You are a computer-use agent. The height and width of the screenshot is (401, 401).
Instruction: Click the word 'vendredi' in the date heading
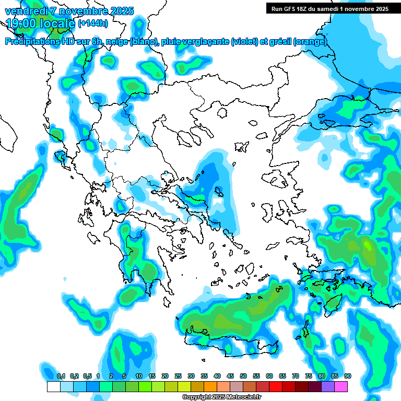[27, 11]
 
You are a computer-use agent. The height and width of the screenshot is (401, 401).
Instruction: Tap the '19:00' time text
[20, 23]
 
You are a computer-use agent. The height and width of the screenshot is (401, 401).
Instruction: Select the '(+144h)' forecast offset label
[92, 23]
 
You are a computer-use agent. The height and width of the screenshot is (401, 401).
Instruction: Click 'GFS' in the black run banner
[290, 9]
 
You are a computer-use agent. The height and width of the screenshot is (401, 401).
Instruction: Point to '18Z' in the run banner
[306, 9]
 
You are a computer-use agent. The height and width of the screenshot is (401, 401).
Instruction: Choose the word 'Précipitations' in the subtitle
[31, 42]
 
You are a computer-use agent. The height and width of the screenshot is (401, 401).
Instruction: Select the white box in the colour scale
[53, 387]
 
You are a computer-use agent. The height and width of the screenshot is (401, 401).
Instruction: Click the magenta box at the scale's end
[341, 387]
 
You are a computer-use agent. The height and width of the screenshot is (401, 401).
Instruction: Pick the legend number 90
[348, 376]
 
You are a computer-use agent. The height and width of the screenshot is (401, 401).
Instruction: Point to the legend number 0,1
[61, 376]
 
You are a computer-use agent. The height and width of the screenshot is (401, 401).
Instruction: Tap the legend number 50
[243, 376]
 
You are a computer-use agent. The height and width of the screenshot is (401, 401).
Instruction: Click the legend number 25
[178, 376]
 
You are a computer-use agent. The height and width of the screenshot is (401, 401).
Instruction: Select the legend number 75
[309, 376]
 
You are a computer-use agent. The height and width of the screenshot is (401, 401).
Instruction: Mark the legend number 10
[139, 376]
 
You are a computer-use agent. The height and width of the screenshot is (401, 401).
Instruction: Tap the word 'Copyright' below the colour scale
[197, 397]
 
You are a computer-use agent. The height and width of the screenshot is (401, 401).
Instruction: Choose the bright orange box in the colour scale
[210, 387]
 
